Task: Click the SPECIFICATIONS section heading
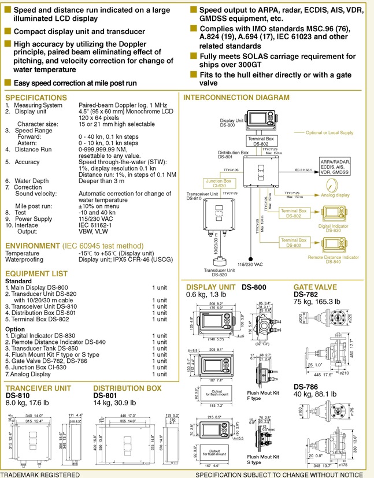pos(36,98)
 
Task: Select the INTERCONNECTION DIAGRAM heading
pos(245,98)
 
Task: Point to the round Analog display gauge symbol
pos(331,186)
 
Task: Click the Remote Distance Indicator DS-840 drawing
pos(332,243)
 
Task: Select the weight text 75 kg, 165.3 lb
pos(317,302)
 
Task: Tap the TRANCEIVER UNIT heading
pos(39,388)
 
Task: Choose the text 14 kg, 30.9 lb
pos(114,403)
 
